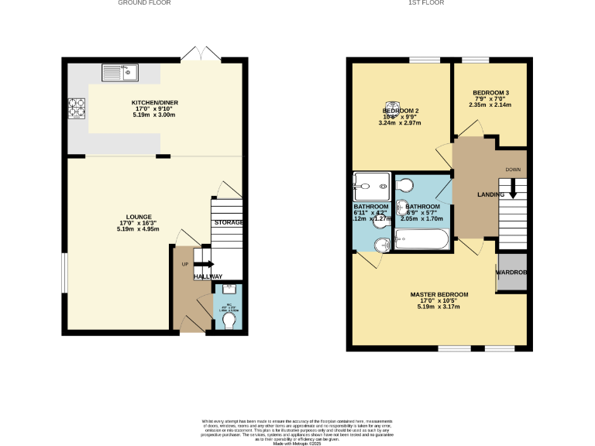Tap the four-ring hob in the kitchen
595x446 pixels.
(x=77, y=108)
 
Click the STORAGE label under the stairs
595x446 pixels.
(x=229, y=223)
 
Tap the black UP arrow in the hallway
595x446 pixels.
(x=205, y=265)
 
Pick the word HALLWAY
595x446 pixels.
(x=208, y=276)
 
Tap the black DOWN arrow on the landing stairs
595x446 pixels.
(x=512, y=189)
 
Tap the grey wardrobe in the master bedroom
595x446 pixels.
(x=511, y=273)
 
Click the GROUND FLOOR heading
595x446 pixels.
(x=144, y=3)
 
